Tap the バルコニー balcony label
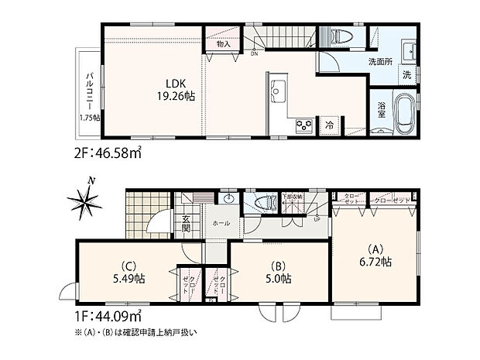pyautogui.click(x=89, y=87)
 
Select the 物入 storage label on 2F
pyautogui.click(x=223, y=46)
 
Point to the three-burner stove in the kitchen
pyautogui.click(x=302, y=125)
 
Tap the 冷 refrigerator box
pyautogui.click(x=330, y=125)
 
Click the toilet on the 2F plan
pyautogui.click(x=341, y=36)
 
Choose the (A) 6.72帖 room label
pyautogui.click(x=376, y=256)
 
